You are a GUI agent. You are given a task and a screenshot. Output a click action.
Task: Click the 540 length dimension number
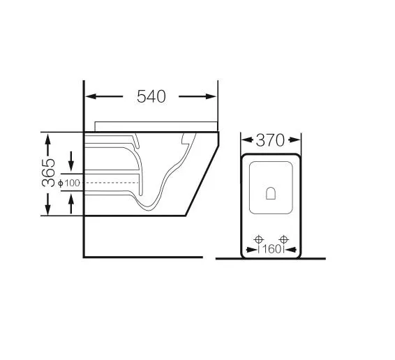[151, 96]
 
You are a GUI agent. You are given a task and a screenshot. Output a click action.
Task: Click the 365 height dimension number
[48, 173]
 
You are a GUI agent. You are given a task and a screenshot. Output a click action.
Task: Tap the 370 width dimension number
[270, 140]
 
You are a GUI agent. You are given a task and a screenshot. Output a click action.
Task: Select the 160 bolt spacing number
[271, 249]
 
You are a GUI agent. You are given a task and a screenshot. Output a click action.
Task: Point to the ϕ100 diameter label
[69, 183]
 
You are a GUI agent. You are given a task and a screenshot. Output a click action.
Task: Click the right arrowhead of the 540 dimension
[211, 96]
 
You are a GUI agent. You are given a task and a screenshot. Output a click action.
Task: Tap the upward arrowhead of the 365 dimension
[47, 140]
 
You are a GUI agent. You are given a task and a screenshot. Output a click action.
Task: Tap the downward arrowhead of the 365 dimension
[47, 209]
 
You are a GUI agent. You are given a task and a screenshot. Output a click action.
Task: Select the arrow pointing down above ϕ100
[71, 161]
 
